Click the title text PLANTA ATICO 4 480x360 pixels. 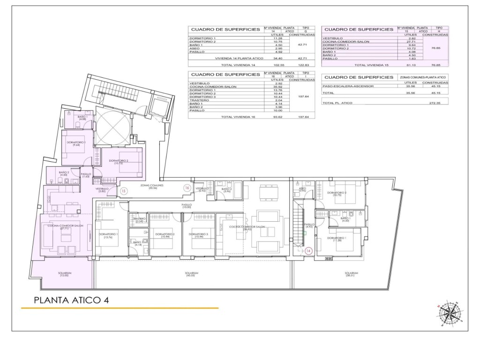[72, 300]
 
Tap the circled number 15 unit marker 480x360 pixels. [123, 191]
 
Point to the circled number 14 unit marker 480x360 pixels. [308, 251]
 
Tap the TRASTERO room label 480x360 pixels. [139, 219]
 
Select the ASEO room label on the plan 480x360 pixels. [302, 190]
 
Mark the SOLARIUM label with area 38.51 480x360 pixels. [351, 274]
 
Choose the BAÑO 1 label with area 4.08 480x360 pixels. [82, 118]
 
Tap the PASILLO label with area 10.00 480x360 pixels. [187, 206]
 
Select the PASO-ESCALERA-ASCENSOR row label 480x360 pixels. [345, 86]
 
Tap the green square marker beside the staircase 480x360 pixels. [304, 232]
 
